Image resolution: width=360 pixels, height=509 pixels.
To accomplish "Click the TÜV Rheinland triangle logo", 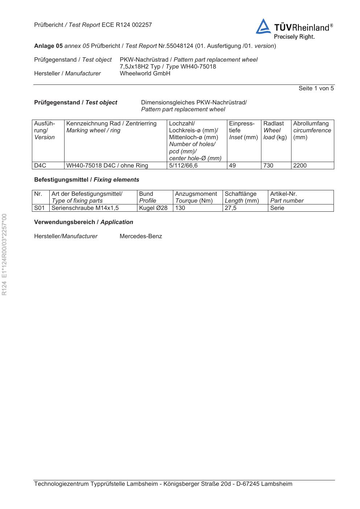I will pyautogui.click(x=263, y=27).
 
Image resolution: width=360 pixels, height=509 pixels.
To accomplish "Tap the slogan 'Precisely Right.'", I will pyautogui.click(x=294, y=37).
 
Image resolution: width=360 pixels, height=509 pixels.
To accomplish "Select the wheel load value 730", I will pyautogui.click(x=268, y=166).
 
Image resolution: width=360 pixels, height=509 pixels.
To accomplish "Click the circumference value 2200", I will pyautogui.click(x=300, y=166).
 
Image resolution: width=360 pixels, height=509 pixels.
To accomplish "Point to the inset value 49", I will pyautogui.click(x=232, y=166).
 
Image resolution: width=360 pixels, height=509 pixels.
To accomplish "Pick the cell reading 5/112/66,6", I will pyautogui.click(x=183, y=166).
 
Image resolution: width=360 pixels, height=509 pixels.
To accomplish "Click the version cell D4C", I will pyautogui.click(x=40, y=166).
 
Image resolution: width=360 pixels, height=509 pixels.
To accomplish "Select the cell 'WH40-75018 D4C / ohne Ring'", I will pyautogui.click(x=107, y=166).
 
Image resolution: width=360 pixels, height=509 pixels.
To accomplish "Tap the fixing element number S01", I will pyautogui.click(x=39, y=208).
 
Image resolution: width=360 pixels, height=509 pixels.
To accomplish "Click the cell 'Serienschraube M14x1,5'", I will pyautogui.click(x=85, y=208).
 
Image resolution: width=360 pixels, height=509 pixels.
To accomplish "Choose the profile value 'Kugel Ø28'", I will pyautogui.click(x=153, y=208).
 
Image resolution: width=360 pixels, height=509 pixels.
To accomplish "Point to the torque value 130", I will pyautogui.click(x=180, y=208).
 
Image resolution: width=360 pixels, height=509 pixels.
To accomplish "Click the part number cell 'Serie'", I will pyautogui.click(x=277, y=208).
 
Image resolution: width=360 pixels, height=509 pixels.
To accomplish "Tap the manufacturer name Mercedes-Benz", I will pyautogui.click(x=141, y=236).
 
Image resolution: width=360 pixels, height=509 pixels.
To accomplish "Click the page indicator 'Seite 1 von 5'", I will pyautogui.click(x=316, y=88).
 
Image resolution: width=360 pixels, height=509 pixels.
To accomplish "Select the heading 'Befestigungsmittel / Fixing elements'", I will pyautogui.click(x=86, y=180).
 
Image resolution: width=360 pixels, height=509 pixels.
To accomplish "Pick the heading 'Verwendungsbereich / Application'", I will pyautogui.click(x=83, y=222).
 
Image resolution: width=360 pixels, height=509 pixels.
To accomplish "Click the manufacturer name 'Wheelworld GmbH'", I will pyautogui.click(x=145, y=74).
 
